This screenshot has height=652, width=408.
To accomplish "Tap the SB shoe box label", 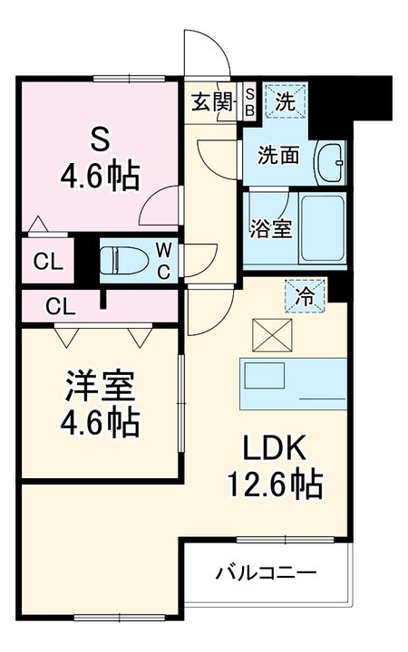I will pos(250,101).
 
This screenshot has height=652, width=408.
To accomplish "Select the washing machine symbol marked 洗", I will pos(285,101).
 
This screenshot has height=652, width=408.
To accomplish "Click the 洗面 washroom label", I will pos(278,156).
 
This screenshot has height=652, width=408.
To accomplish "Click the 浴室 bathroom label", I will pos(269,227).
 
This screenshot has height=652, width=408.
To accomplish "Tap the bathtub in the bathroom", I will pos(322,228).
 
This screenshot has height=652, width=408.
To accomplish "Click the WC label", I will pos(165,260).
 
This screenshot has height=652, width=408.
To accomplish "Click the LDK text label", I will pos(275,448).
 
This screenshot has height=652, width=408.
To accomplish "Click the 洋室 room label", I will pos(100,385).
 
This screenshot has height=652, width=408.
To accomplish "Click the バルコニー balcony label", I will pos(266,573).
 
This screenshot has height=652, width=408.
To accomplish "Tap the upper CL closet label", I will pos(47,263).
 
